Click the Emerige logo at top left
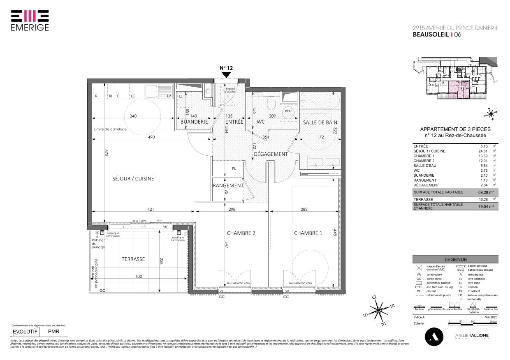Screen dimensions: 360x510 [x=30, y=20]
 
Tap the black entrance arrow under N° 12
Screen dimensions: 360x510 [x=226, y=75]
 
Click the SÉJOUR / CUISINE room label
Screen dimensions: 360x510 [x=133, y=179]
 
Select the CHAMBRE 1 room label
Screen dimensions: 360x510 [x=308, y=233]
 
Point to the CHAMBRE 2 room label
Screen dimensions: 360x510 [x=241, y=233]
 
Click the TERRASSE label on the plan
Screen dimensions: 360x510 [x=133, y=259]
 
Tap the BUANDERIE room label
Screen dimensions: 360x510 [x=194, y=122]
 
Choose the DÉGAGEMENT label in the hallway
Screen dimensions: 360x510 [x=271, y=154]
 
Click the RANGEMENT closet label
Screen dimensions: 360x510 [x=228, y=185]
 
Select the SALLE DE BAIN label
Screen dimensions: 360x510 [x=320, y=122]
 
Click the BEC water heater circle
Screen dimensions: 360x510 [x=288, y=111]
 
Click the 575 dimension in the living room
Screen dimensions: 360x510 [x=106, y=152]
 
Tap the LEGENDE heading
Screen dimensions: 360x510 [x=455, y=259]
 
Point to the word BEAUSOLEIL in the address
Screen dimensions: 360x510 [x=431, y=35]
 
